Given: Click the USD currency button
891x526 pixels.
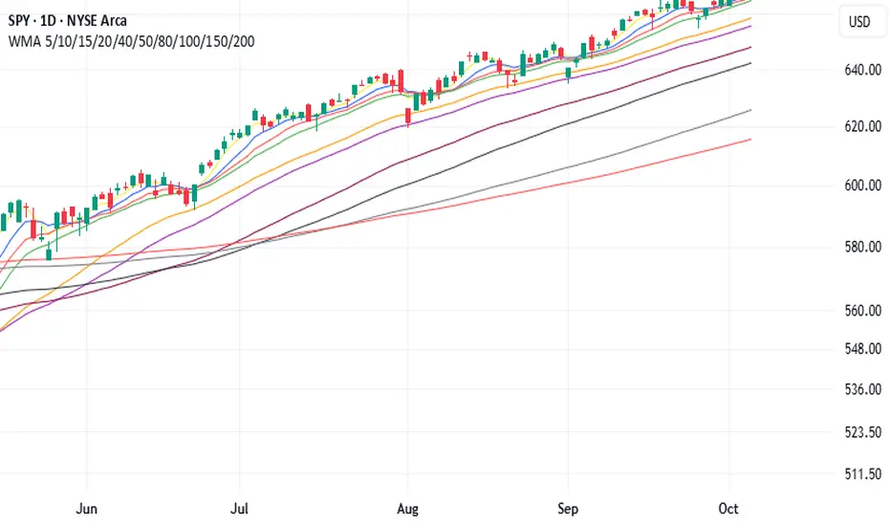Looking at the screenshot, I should coord(859,21).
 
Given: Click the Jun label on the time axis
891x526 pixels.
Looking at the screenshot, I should coord(86,508).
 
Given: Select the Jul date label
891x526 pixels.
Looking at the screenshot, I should coord(241,508).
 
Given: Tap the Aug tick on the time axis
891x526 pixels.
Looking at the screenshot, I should coord(408,508).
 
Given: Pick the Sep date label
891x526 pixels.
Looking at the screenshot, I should coord(568,508).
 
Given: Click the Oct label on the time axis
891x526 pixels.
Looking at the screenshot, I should coord(729,508).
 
